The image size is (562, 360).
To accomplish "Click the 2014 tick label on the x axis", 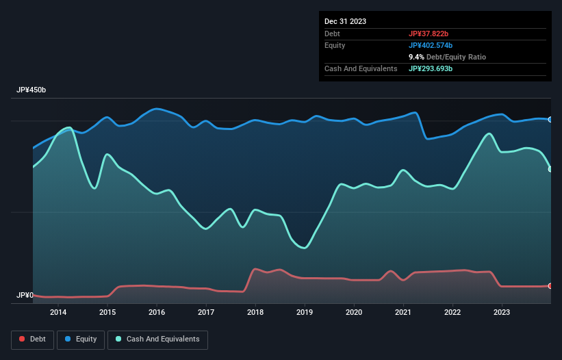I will [x=58, y=312].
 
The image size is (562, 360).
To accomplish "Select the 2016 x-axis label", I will [x=157, y=312].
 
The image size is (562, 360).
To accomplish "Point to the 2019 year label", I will [x=305, y=312].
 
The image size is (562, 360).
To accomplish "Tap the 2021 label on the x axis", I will [x=403, y=312].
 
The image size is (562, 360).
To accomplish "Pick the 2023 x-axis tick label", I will [x=502, y=312].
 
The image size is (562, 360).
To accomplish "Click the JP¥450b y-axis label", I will [x=31, y=90].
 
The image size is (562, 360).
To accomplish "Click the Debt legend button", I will [x=32, y=339].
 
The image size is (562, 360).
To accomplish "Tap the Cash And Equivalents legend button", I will [x=157, y=339].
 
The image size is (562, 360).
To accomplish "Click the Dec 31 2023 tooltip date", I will [x=345, y=21].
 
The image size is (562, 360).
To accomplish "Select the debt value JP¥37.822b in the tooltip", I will [x=429, y=34].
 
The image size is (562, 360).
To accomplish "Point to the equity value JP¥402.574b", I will [x=431, y=45].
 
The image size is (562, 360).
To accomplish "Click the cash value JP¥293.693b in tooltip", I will [x=431, y=68].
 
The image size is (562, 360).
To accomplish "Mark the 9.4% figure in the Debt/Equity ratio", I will [x=416, y=57].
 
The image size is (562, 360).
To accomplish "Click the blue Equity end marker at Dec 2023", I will [x=550, y=120].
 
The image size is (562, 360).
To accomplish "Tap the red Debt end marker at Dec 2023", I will [x=550, y=285].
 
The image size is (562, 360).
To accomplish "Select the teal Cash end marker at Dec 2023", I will [x=550, y=169].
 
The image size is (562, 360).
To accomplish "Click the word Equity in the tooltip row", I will [x=335, y=45].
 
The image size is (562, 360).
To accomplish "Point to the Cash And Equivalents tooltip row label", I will [x=361, y=68].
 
